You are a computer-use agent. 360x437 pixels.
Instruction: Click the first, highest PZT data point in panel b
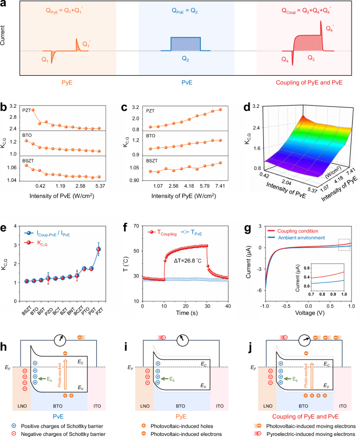tap(33, 110)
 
